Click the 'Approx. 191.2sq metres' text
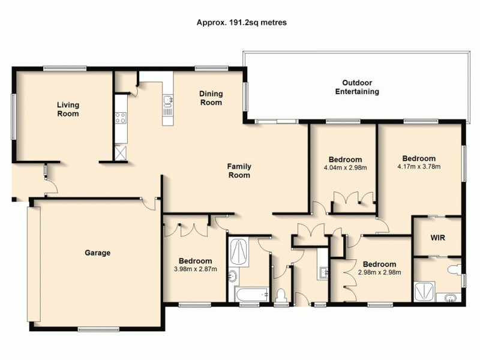[241, 22]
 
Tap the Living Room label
[68, 109]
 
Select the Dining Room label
[211, 98]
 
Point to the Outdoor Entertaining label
[357, 87]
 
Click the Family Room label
[238, 171]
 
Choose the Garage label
[97, 253]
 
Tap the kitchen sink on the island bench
[167, 106]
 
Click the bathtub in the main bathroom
[251, 295]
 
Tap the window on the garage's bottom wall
[97, 328]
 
